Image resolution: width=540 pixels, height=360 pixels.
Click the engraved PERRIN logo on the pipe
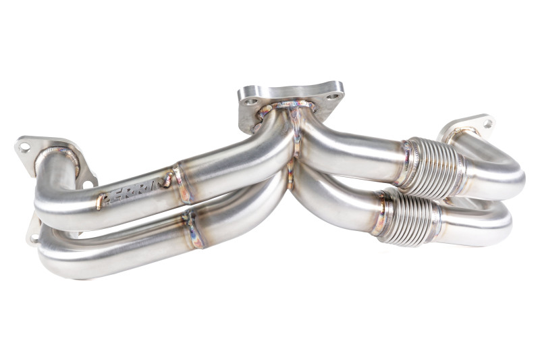pyautogui.click(x=135, y=190)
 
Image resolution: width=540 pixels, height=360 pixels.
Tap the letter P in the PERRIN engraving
pyautogui.click(x=103, y=201)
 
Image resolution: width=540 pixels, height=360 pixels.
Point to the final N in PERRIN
pyautogui.click(x=165, y=180)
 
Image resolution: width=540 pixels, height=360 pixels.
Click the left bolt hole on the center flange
pyautogui.click(x=251, y=102)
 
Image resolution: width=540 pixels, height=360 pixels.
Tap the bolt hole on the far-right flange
pyautogui.click(x=487, y=124)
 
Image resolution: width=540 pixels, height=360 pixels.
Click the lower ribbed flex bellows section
pyautogui.click(x=406, y=215)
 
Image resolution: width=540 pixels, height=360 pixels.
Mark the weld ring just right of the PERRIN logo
pyautogui.click(x=181, y=182)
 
